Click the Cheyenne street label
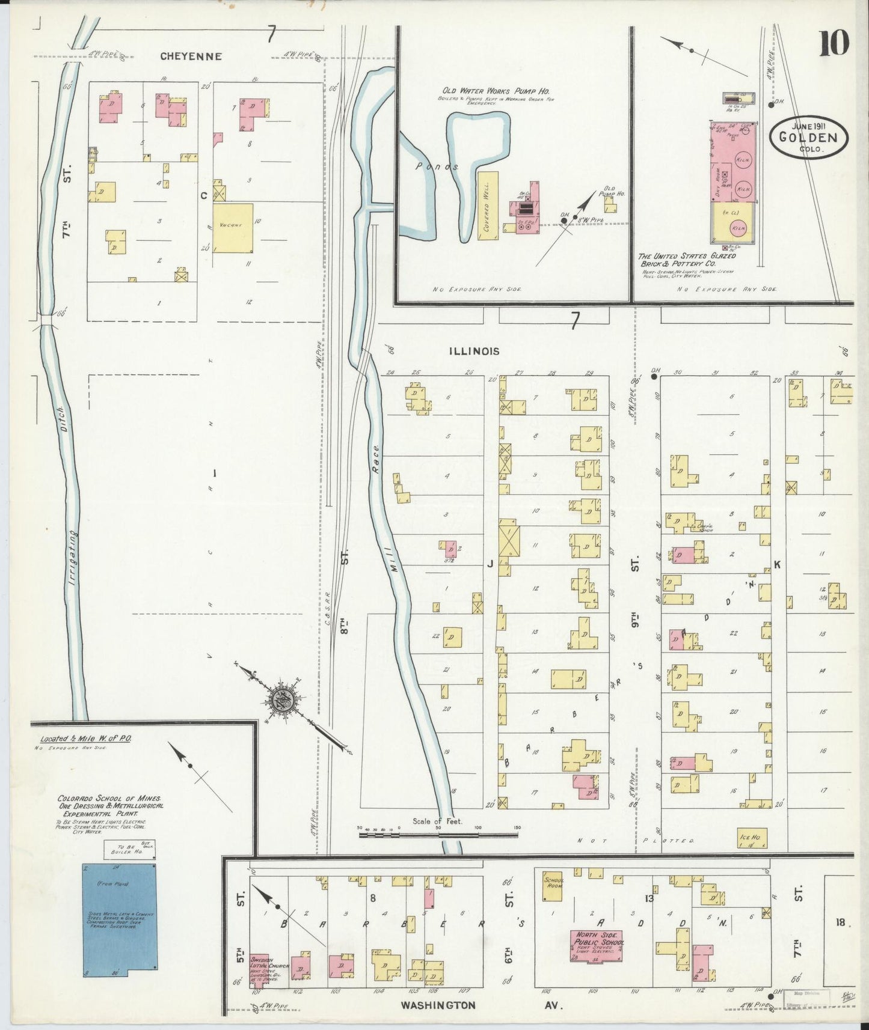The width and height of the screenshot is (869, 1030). click(x=191, y=56)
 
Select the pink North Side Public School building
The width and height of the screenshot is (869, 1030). click(x=595, y=946)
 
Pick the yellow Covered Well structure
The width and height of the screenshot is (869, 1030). click(x=488, y=206)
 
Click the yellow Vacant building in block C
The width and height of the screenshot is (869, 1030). click(x=233, y=228)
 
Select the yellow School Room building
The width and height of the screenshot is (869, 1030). click(x=553, y=886)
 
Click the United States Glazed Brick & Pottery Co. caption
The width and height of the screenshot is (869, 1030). click(x=687, y=260)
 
